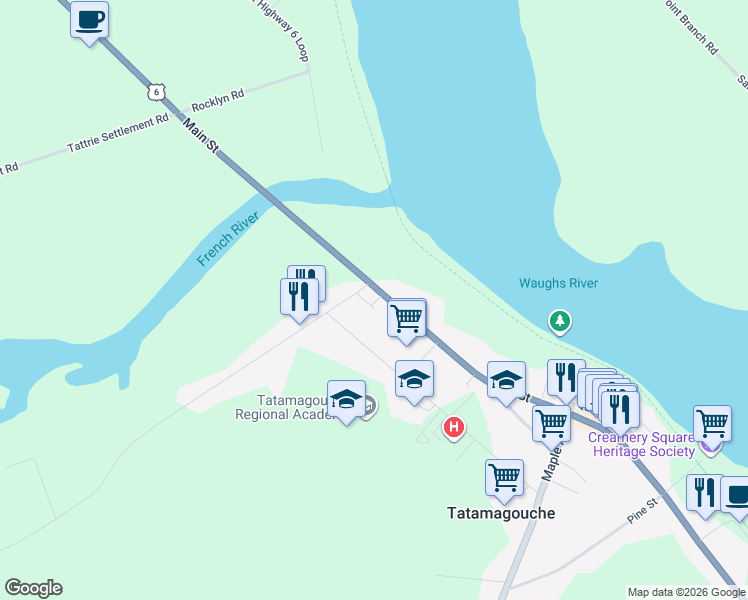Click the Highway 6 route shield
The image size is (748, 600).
point(153,92)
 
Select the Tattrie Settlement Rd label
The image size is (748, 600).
point(118,134)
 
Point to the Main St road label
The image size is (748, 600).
point(201,134)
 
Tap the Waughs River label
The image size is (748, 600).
point(558,283)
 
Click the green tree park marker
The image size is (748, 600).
point(561,321)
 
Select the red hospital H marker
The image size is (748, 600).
point(454,428)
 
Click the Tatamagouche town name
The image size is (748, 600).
point(500,512)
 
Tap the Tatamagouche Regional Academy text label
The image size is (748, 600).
point(285,407)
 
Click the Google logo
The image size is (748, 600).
point(33,588)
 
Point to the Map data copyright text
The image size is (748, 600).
point(685,592)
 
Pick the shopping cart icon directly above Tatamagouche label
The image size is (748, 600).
point(504,476)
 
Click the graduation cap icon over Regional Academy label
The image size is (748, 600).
point(346,398)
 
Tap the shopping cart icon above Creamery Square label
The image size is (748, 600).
point(712,422)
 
